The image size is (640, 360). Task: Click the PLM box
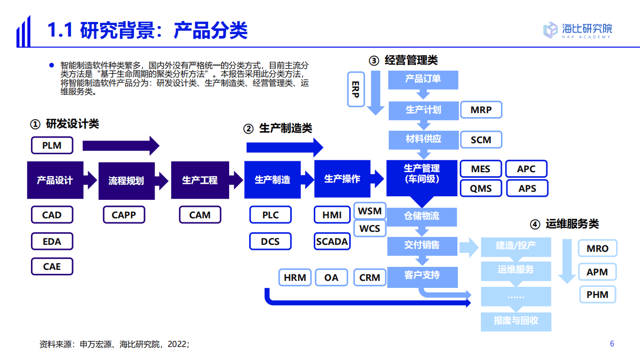[52, 146]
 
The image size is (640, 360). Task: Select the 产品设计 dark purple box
[55, 180]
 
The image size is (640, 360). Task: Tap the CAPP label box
[124, 215]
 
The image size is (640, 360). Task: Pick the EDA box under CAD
[52, 241]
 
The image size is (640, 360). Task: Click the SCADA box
[332, 241]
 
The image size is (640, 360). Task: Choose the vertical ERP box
[356, 89]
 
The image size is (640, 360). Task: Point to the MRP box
[480, 110]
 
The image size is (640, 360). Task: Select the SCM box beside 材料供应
[480, 140]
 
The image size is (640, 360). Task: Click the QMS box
[480, 188]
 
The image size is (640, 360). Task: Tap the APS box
[526, 188]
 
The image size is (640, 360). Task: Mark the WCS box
[370, 228]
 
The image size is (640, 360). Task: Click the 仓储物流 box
[422, 216]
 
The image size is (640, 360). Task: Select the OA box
[331, 277]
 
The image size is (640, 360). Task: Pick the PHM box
[597, 294]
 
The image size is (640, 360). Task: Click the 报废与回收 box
[516, 320]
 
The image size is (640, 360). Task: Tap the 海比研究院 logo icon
[550, 30]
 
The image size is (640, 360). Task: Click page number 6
[611, 343]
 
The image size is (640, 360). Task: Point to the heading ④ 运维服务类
[564, 224]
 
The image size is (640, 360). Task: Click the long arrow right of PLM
[121, 146]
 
